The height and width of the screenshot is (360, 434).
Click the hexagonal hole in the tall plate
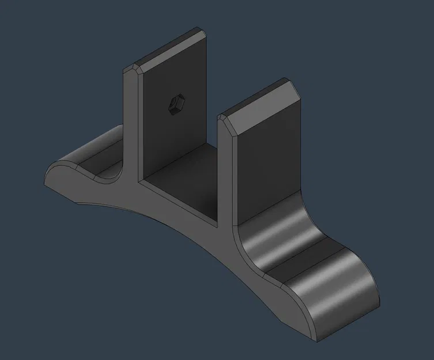tap(173, 106)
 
